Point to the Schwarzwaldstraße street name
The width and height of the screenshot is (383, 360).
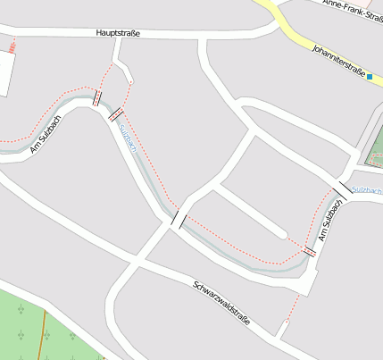click(x=221, y=303)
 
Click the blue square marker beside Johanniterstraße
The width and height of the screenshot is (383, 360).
click(x=369, y=78)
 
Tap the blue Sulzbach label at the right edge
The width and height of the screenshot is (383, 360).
click(x=367, y=190)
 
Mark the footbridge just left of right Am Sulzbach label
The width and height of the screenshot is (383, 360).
click(x=309, y=252)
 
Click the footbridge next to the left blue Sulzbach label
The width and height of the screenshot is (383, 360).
click(x=115, y=113)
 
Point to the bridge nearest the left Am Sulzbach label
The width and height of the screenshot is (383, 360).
click(x=96, y=99)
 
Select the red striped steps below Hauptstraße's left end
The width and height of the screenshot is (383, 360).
click(x=12, y=45)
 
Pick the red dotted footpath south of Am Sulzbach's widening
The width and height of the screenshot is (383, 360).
click(x=288, y=313)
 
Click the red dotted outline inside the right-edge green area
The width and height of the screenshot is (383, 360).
click(x=376, y=143)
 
